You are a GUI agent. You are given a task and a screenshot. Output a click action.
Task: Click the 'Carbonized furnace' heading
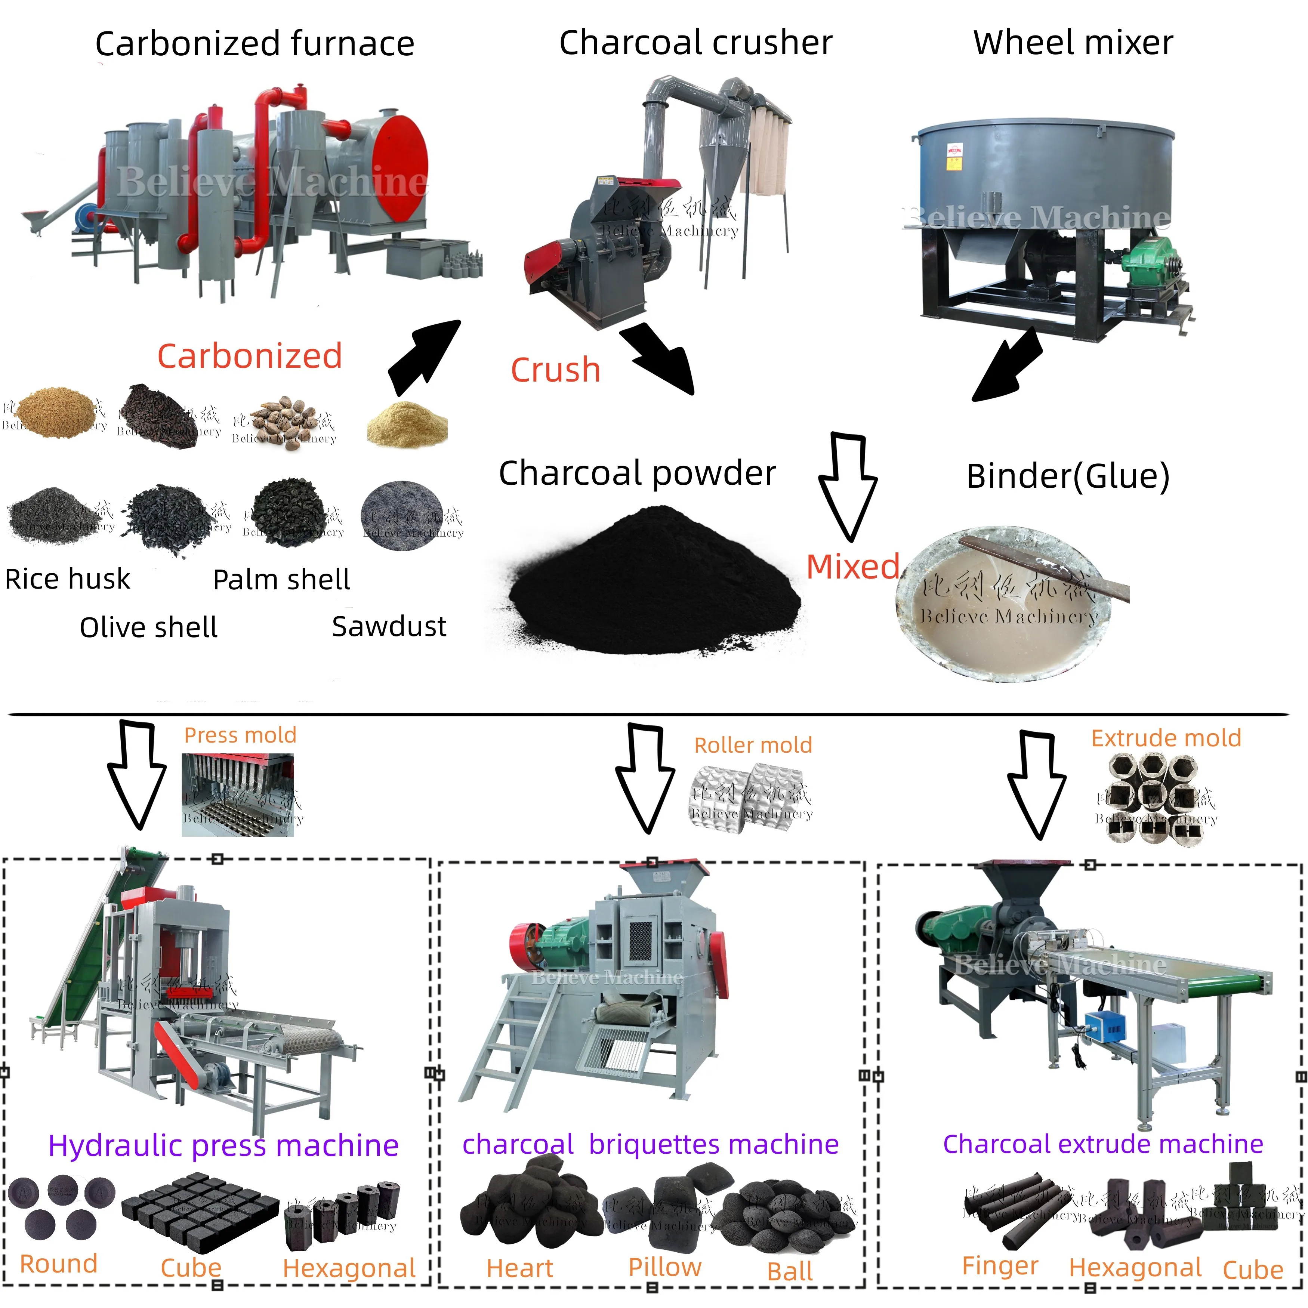point(254,44)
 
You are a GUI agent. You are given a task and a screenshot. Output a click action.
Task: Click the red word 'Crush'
point(555,370)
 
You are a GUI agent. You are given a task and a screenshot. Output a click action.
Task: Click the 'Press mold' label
point(240,735)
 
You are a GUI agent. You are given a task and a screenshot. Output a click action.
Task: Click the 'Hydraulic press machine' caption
point(223,1145)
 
